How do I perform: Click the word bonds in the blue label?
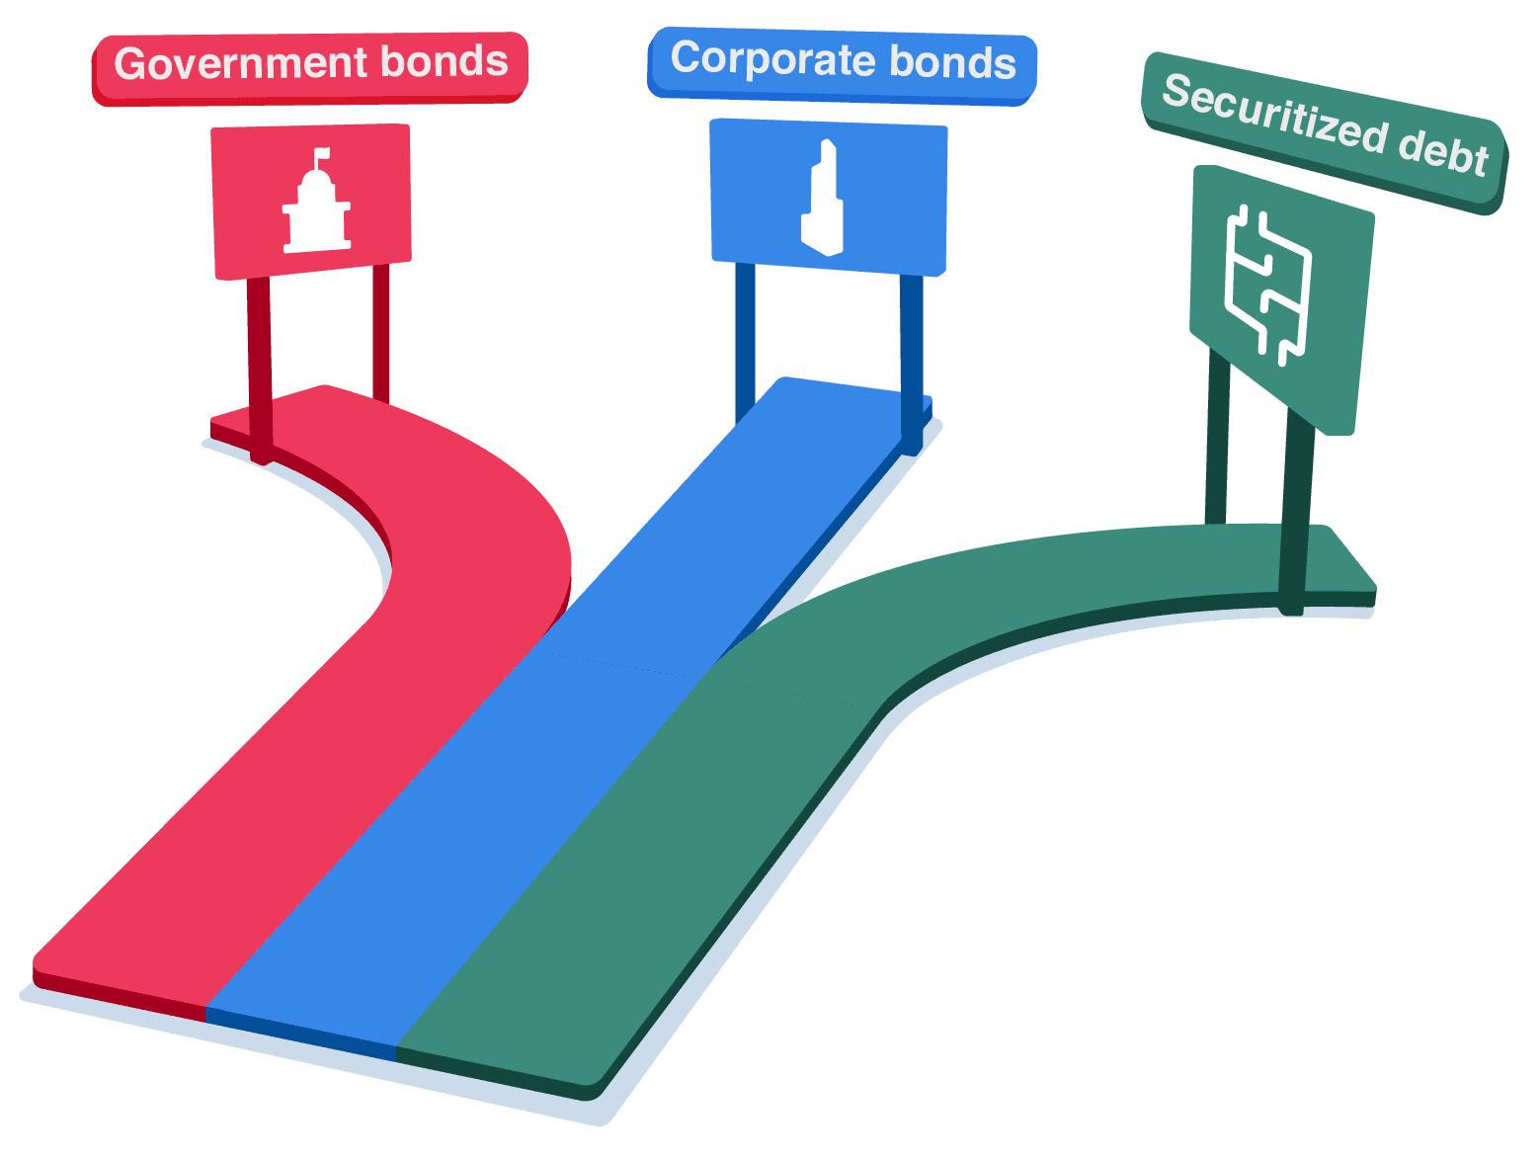pyautogui.click(x=953, y=62)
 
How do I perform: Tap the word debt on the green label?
pyautogui.click(x=1443, y=151)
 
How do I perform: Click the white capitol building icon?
pyautogui.click(x=316, y=207)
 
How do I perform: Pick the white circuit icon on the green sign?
pyautogui.click(x=1267, y=282)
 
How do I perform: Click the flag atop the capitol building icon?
pyautogui.click(x=322, y=155)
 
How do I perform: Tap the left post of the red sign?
pyautogui.click(x=259, y=366)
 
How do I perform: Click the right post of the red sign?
pyautogui.click(x=381, y=331)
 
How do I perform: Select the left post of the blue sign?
pyautogui.click(x=745, y=336)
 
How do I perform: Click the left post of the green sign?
pyautogui.click(x=1217, y=435)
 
